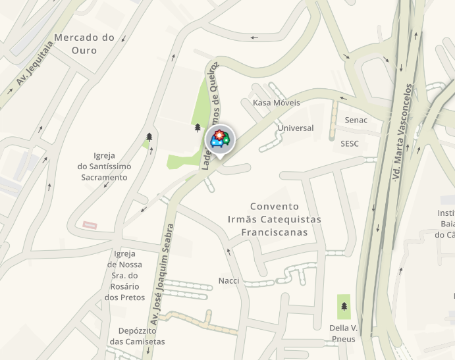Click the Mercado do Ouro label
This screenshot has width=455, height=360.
point(84,43)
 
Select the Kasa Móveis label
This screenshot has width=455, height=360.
point(276,103)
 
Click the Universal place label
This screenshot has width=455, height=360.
point(296,128)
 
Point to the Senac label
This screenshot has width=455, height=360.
point(356,120)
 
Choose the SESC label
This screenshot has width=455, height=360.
point(350,143)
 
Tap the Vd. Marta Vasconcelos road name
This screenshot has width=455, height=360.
point(404,132)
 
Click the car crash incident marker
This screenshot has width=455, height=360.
point(218,139)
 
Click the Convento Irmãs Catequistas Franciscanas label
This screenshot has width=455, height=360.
point(274,219)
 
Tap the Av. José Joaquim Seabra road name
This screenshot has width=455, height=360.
point(161,273)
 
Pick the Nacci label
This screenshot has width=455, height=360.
point(228,281)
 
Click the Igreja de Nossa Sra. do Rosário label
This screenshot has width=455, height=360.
point(124,276)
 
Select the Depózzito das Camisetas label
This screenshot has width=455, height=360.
point(137,336)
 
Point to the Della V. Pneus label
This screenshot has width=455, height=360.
point(343,333)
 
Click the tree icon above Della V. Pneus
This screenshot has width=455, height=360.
point(344,306)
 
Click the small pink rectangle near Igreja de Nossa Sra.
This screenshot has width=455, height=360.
point(90,225)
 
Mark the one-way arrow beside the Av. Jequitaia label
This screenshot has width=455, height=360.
point(9,90)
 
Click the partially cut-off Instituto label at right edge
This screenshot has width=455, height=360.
point(446,224)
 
